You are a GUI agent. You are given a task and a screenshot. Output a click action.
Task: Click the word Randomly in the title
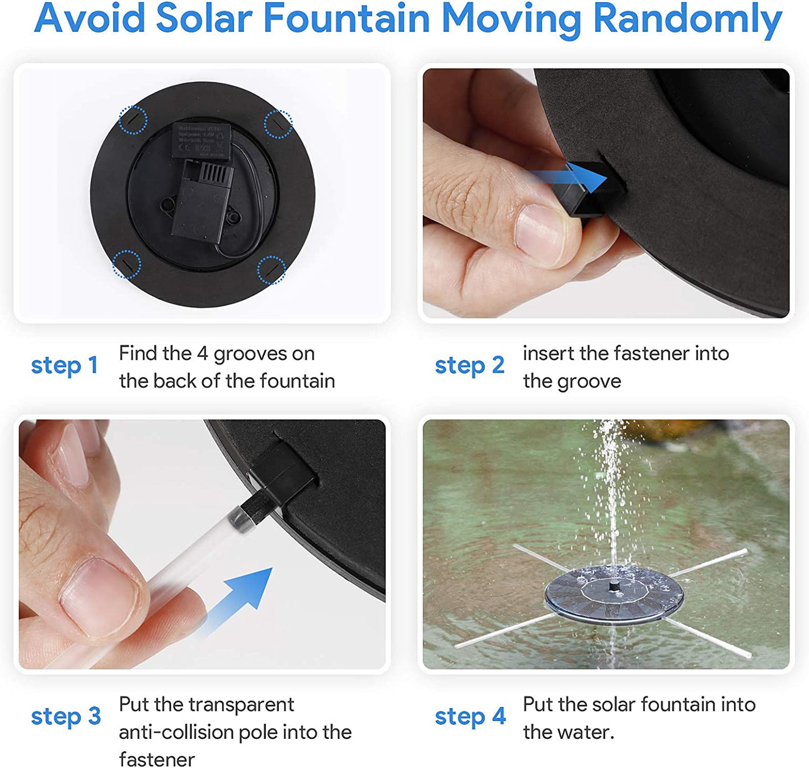pyautogui.click(x=687, y=19)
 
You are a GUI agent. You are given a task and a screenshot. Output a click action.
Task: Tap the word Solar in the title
pyautogui.click(x=204, y=18)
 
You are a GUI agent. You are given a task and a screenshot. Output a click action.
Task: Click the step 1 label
pyautogui.click(x=64, y=365)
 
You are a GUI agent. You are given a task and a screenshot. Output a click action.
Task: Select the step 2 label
pyautogui.click(x=469, y=365)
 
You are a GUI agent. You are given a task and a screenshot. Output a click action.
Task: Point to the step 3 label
pyautogui.click(x=66, y=716)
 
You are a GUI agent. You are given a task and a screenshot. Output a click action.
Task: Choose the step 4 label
pyautogui.click(x=470, y=716)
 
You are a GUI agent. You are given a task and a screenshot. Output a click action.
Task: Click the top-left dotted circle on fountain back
pyautogui.click(x=133, y=120)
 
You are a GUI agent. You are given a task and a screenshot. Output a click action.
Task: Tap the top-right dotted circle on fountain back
pyautogui.click(x=278, y=124)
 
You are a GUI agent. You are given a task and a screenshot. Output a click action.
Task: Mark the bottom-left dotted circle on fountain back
pyautogui.click(x=127, y=264)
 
